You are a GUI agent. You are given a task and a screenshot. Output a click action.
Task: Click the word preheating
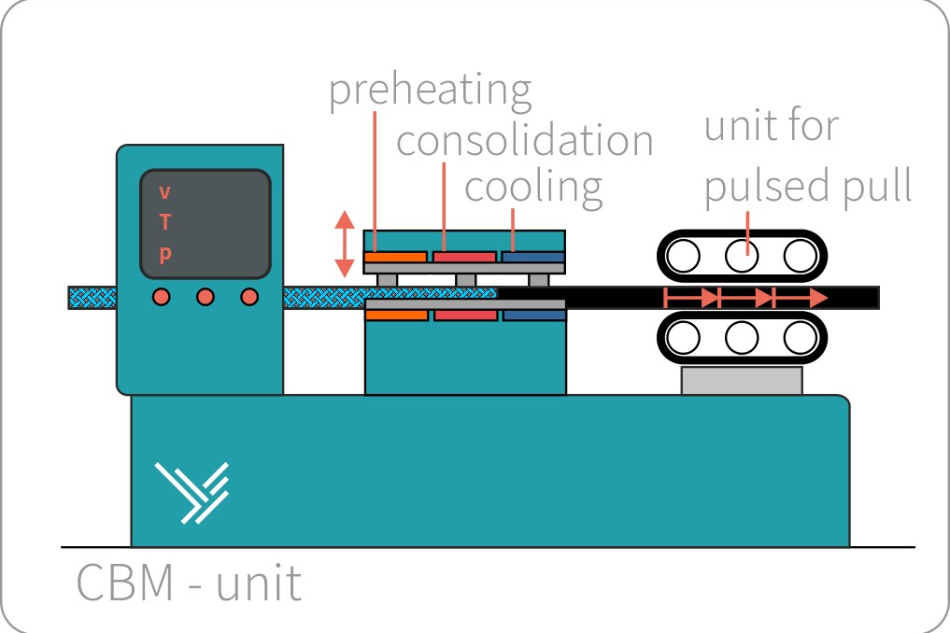430,91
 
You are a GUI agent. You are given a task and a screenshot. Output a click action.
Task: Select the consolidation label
524,141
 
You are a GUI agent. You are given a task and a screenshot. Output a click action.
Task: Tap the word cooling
533,186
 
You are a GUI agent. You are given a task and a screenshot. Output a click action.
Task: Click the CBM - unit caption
189,583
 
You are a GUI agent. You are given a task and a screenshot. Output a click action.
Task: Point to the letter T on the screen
165,222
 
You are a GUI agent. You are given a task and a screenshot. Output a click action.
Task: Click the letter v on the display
165,193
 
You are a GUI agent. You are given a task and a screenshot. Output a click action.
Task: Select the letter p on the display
165,254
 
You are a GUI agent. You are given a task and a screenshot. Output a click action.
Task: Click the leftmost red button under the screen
162,297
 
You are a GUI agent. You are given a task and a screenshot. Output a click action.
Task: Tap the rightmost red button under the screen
249,297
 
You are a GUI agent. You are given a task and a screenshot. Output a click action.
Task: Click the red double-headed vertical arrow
345,244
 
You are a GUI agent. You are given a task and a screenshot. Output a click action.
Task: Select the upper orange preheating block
395,256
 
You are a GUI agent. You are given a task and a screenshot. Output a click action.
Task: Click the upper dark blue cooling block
533,256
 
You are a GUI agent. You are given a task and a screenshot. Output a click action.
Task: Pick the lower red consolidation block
465,316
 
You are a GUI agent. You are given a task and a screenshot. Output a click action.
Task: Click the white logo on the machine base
192,491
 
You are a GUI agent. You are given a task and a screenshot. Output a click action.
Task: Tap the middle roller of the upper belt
743,255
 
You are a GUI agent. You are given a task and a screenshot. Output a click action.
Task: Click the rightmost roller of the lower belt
800,337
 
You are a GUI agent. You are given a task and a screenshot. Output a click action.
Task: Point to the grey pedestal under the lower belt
742,380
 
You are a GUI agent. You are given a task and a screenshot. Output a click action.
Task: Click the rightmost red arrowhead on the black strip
817,298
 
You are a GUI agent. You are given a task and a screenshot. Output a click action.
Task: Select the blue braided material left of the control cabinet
92,298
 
